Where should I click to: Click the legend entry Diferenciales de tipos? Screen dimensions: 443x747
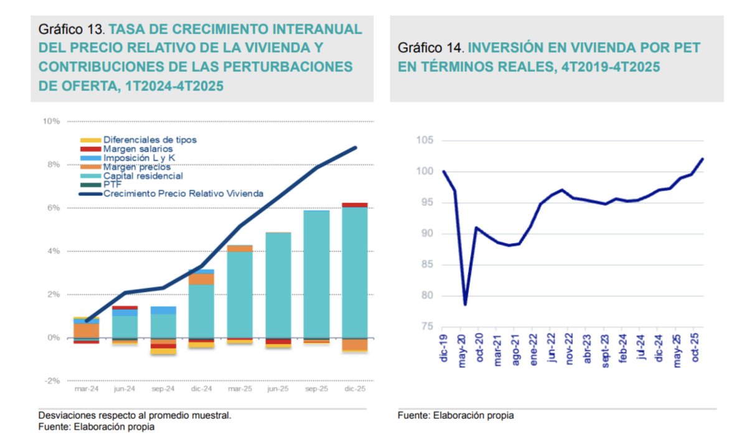coord(149,140)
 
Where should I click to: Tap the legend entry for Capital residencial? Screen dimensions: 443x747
coord(143,175)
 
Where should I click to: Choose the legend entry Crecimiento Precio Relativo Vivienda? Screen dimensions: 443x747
coord(183,194)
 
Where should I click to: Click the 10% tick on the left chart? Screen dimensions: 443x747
coord(51,121)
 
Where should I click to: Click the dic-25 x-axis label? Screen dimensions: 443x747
coord(354,388)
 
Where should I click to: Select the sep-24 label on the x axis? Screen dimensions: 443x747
coord(163,388)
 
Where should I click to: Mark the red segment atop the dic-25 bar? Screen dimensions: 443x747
coord(354,205)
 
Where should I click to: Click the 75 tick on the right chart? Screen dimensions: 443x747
coord(428,327)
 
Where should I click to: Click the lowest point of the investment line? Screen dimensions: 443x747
coord(464,304)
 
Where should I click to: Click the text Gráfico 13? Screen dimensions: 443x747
coord(72,29)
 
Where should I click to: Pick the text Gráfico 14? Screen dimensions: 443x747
coord(431,48)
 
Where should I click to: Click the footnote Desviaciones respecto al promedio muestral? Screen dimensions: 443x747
coord(134,415)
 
